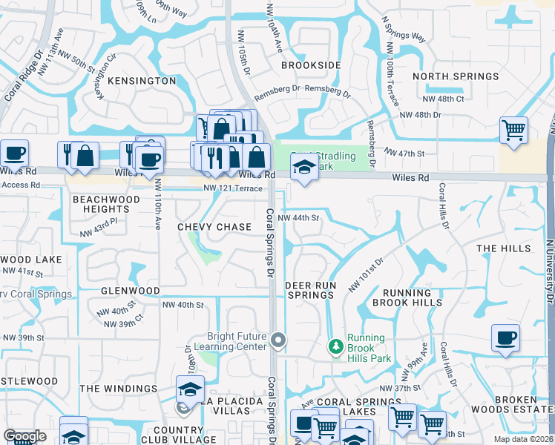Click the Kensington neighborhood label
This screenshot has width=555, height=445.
click(141, 80)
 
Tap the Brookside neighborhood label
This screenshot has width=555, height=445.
click(311, 65)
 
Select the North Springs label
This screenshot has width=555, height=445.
click(456, 76)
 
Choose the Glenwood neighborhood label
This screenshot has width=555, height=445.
click(130, 291)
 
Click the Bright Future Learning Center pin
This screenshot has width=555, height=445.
click(278, 340)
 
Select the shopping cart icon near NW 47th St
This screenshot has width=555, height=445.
click(513, 130)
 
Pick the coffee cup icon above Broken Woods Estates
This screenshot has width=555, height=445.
click(505, 337)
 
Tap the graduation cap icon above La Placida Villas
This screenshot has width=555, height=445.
click(190, 388)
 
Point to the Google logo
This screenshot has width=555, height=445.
click(24, 436)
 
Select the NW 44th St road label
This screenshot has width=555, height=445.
click(298, 218)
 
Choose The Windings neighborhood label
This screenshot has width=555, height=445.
click(118, 389)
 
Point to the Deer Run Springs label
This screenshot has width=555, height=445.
click(311, 290)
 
